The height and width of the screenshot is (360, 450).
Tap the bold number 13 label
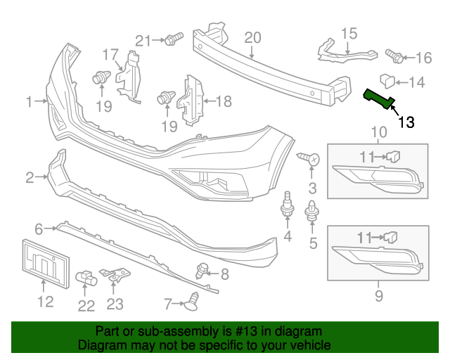(x=406, y=122)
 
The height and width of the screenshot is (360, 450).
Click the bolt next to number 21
(x=173, y=39)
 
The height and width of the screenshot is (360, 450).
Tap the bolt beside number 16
(x=394, y=54)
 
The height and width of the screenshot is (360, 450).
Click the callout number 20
(x=252, y=37)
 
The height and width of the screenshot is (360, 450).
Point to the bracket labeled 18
(x=192, y=99)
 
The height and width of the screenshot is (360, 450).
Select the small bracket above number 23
(x=115, y=276)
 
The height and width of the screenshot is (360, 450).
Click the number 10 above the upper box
(x=378, y=131)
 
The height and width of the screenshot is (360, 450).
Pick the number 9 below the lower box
(x=378, y=296)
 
